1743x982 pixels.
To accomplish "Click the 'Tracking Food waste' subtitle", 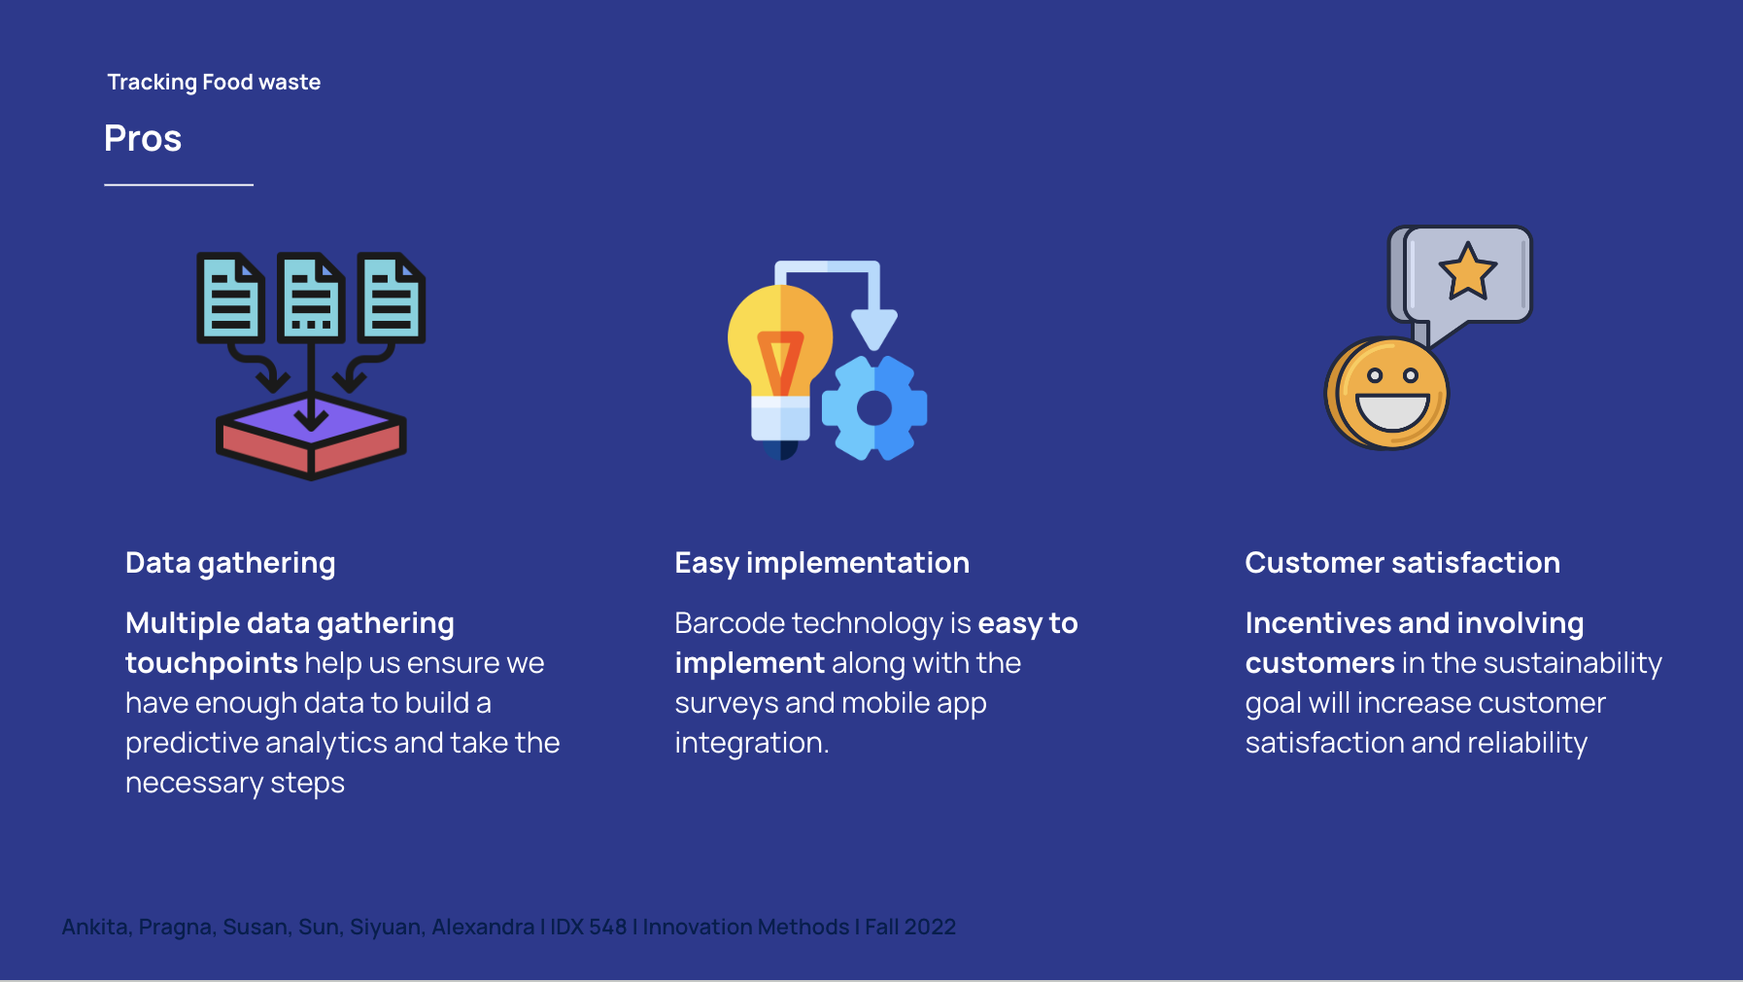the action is (x=214, y=83).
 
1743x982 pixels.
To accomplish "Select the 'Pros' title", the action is (x=143, y=138).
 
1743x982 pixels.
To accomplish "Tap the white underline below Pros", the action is (x=179, y=185).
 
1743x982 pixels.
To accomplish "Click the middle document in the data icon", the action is (x=311, y=298).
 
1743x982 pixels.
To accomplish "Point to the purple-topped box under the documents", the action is (x=311, y=436).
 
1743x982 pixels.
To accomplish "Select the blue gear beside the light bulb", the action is (x=874, y=407).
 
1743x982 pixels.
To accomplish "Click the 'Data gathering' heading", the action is (x=230, y=563).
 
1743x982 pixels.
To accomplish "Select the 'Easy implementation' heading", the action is (x=822, y=563).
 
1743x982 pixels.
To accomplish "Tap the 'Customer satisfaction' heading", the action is (x=1402, y=563).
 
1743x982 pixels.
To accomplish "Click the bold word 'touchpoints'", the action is (x=211, y=663).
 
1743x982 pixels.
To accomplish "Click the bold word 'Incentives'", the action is (x=1317, y=623).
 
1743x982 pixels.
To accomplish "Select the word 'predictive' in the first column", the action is (x=191, y=743).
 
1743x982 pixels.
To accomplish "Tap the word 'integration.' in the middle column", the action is (x=752, y=743).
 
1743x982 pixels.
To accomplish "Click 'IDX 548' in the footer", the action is (x=589, y=928).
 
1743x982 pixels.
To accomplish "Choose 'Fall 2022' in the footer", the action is (x=910, y=928).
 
